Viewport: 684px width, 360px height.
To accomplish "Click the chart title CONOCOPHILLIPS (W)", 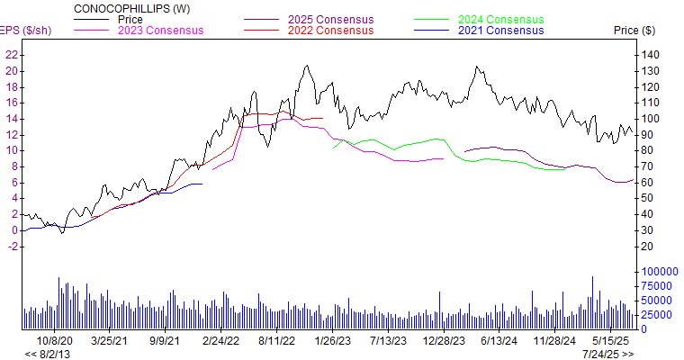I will (131, 8).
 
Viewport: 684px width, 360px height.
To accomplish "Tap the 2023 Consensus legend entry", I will (160, 30).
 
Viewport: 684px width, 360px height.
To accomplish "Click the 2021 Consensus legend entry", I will (500, 30).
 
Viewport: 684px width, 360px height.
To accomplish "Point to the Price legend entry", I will (130, 19).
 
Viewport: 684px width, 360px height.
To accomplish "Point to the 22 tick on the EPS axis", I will (12, 55).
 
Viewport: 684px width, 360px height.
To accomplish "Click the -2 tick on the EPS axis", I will (13, 246).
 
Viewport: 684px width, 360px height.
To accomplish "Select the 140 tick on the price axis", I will (649, 55).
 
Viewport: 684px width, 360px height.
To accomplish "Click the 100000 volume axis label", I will (658, 271).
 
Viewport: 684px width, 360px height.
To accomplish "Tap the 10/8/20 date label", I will (55, 341).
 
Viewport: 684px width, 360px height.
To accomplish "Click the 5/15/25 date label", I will (611, 341).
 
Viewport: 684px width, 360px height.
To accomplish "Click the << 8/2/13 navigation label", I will (43, 354).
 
